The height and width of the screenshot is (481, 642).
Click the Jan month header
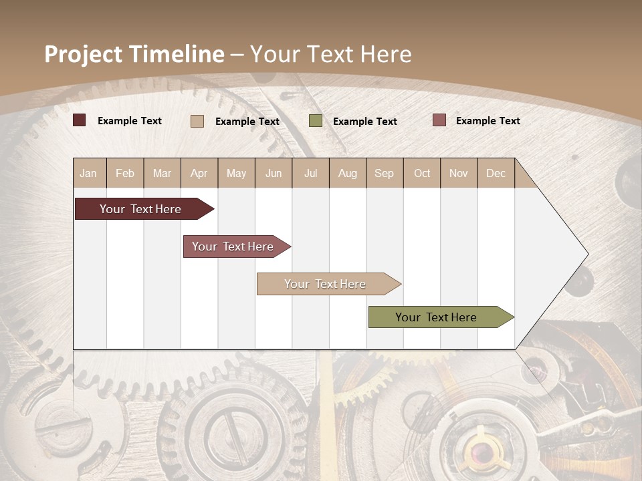tap(88, 173)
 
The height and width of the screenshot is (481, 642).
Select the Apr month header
tap(199, 173)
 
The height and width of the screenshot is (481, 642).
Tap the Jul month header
tap(310, 173)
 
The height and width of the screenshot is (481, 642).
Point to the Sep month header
tap(384, 173)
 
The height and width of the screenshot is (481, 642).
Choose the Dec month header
tap(496, 173)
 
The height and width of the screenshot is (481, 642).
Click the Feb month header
tap(125, 173)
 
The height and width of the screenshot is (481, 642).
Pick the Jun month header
tap(274, 173)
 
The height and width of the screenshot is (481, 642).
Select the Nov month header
tap(458, 173)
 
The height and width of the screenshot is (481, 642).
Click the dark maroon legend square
tap(80, 120)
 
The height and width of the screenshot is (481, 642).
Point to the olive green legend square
tap(316, 121)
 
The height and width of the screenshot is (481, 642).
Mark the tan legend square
tap(197, 121)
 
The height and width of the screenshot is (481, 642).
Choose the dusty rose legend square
tap(439, 120)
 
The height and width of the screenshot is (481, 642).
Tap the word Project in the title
tap(83, 54)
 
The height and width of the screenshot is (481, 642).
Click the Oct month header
tap(422, 173)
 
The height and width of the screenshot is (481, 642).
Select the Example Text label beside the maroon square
tap(130, 121)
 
